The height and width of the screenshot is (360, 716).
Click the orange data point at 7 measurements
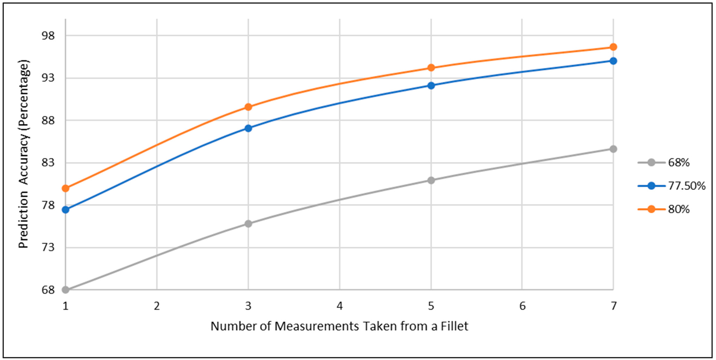pos(613,47)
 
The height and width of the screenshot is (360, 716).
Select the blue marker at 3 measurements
pos(248,128)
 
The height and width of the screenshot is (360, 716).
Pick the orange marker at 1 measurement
pos(66,189)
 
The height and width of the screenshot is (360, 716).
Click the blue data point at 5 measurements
pos(431,86)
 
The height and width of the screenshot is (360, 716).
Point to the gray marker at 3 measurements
pos(248,224)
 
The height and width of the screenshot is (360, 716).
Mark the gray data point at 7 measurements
pos(613,149)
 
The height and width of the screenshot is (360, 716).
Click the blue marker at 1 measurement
pos(66,210)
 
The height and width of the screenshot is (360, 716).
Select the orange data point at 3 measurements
pos(248,107)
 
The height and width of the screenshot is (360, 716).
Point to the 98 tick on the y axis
pos(48,36)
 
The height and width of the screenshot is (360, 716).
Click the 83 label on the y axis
pos(48,163)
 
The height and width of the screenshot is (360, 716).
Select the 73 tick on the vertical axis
pos(48,247)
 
